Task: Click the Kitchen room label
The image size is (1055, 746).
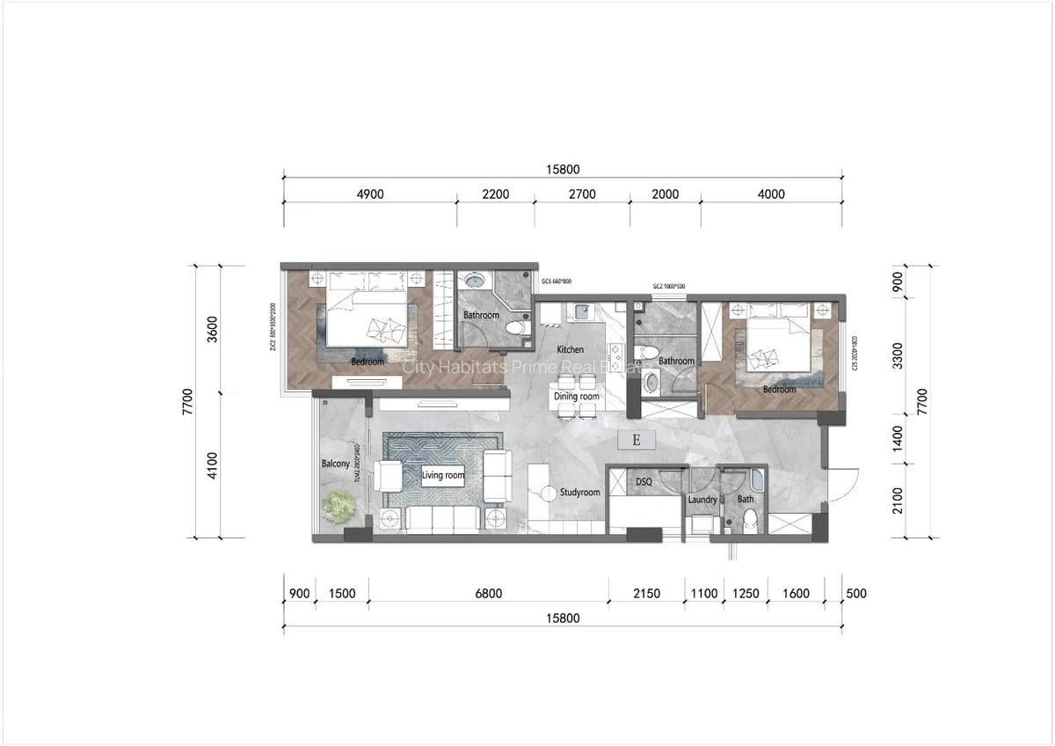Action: click(570, 350)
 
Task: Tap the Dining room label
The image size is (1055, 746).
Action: click(576, 397)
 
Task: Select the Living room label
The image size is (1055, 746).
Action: click(442, 476)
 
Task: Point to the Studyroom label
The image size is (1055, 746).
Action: click(579, 493)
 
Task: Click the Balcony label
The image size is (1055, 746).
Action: click(335, 464)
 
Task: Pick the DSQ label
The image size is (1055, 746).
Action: click(644, 482)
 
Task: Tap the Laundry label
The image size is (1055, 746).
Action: click(702, 500)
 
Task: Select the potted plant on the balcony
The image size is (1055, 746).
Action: click(338, 506)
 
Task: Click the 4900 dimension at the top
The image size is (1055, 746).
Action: click(369, 194)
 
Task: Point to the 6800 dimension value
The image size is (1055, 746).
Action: click(488, 594)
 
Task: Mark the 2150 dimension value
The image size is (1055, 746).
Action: click(646, 594)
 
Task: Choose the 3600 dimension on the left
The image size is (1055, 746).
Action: click(210, 329)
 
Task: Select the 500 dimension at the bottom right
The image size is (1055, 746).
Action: click(855, 594)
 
